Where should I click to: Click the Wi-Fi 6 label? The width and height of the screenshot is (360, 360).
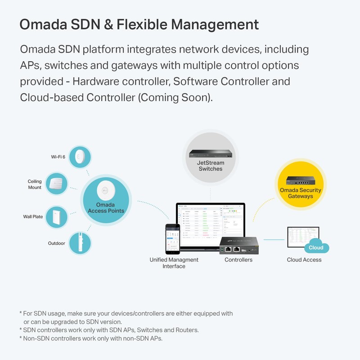point(58,157)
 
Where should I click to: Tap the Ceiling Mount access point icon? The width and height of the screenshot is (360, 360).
point(57,184)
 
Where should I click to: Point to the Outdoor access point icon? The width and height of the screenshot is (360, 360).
point(80,243)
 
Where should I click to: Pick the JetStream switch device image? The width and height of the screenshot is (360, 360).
point(211,155)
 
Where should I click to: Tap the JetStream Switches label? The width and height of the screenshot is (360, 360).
point(211,166)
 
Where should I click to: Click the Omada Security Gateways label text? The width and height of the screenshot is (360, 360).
point(301,193)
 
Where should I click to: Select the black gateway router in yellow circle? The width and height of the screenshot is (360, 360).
point(301,180)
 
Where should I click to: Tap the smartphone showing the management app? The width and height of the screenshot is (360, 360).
point(172,239)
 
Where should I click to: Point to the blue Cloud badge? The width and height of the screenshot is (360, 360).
point(316,247)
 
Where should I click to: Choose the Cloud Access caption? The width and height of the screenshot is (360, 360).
point(304,260)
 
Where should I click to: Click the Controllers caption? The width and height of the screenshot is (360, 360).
point(238,260)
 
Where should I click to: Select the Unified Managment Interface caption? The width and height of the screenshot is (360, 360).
point(174,263)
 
